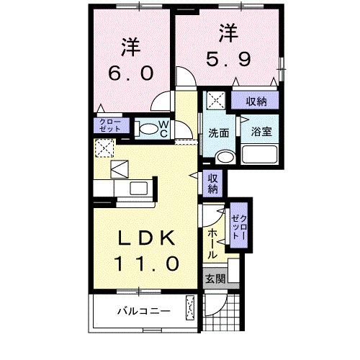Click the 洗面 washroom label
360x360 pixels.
tap(219, 132)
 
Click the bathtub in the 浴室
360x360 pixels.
tap(259, 154)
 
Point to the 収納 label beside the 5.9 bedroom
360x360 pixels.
tap(256, 101)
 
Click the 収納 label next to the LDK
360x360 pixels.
tap(214, 184)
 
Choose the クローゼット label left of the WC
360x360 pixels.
tap(110, 125)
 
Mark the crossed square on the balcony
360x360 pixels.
tap(191, 307)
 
